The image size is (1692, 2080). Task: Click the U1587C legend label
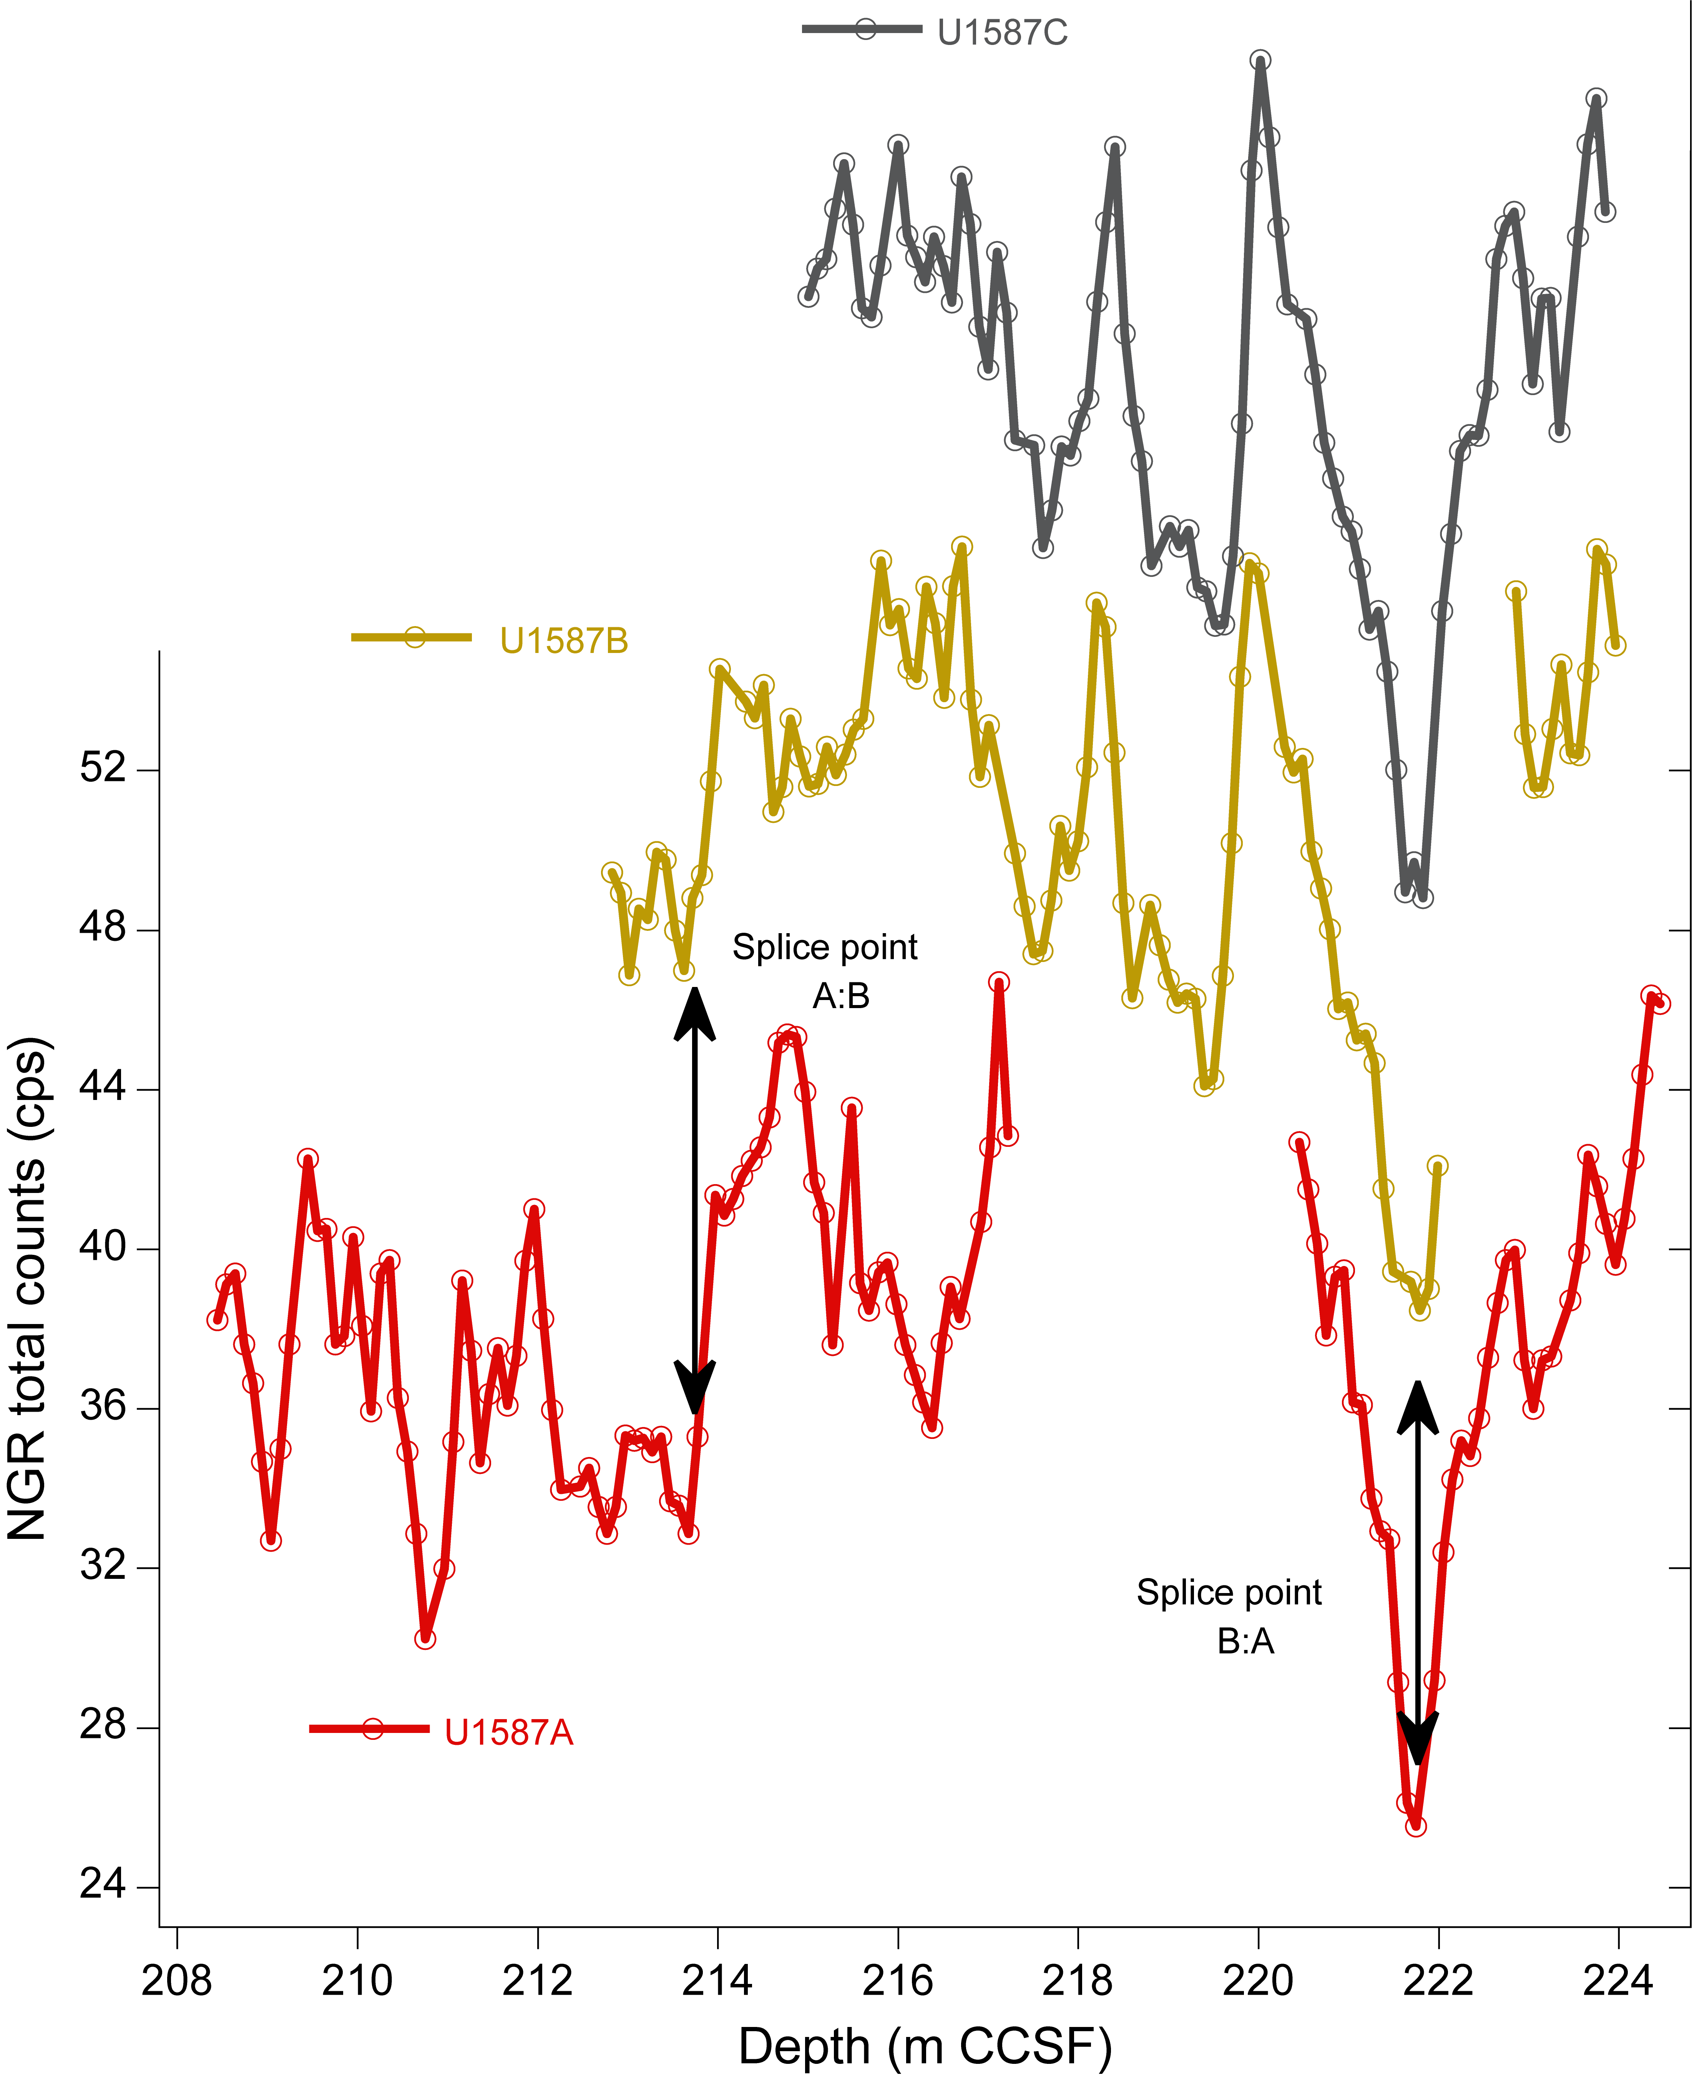coord(1002,33)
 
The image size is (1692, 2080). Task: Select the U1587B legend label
coord(563,640)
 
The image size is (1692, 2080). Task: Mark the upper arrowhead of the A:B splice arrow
coord(695,1014)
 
